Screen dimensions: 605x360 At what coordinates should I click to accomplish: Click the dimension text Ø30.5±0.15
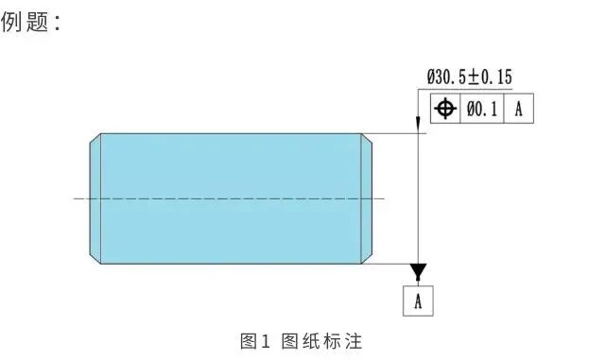pos(470,77)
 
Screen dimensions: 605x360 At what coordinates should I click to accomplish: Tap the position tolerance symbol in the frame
pos(445,109)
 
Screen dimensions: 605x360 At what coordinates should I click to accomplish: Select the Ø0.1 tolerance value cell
pos(482,109)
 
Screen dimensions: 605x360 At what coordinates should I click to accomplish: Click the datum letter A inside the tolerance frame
pos(519,109)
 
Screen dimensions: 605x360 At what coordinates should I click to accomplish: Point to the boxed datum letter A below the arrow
pos(418,301)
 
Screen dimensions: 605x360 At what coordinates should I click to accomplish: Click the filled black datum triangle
pos(418,269)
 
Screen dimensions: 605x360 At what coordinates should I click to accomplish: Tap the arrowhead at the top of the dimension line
pos(418,125)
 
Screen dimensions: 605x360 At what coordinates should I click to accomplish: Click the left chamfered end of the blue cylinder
pos(95,198)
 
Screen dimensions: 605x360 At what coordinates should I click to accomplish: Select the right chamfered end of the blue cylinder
pos(367,198)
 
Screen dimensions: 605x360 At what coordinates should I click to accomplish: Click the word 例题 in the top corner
pos(26,22)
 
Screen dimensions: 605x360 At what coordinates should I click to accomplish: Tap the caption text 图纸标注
pos(321,341)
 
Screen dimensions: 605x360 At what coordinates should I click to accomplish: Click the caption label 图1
pos(254,341)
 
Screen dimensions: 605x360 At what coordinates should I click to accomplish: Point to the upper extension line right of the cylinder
pos(394,133)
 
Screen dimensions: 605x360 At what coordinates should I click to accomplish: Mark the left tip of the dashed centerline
pos(74,198)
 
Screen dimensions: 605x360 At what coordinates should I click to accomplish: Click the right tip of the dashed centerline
pos(385,198)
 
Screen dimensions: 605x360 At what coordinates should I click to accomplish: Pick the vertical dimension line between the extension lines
pos(418,198)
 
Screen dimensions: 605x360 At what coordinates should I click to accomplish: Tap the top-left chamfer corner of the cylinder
pos(101,133)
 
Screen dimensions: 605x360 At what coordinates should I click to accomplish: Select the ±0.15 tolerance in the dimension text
pos(490,77)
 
